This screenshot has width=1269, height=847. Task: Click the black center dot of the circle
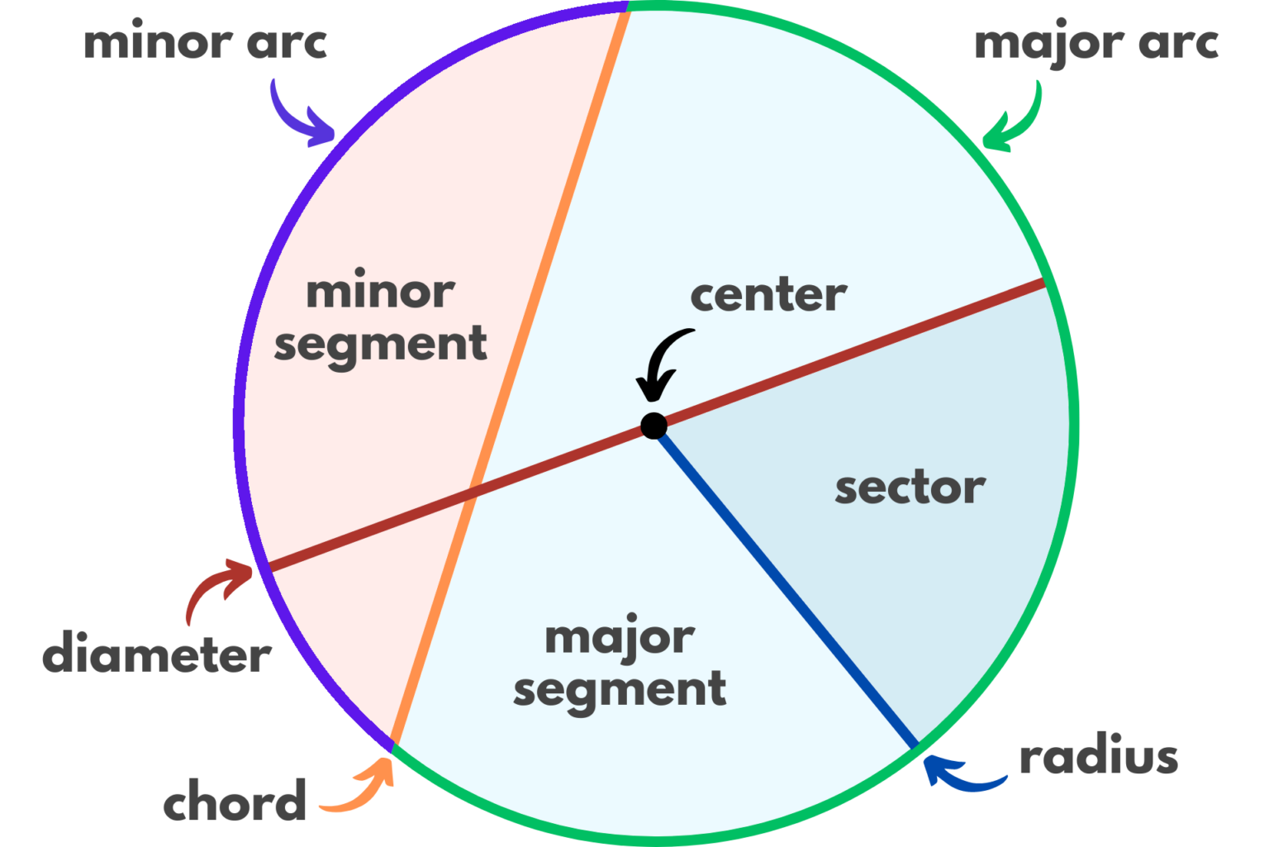pyautogui.click(x=654, y=426)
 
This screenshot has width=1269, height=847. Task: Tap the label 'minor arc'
pyautogui.click(x=205, y=43)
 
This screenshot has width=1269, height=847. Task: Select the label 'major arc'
pyautogui.click(x=1096, y=44)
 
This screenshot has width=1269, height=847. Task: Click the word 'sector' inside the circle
pyautogui.click(x=910, y=488)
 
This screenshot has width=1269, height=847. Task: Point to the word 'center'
pyautogui.click(x=768, y=296)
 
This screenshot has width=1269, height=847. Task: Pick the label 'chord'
pyautogui.click(x=235, y=802)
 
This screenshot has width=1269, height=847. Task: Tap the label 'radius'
pyautogui.click(x=1098, y=758)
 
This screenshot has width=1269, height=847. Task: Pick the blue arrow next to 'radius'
pyautogui.click(x=958, y=773)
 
